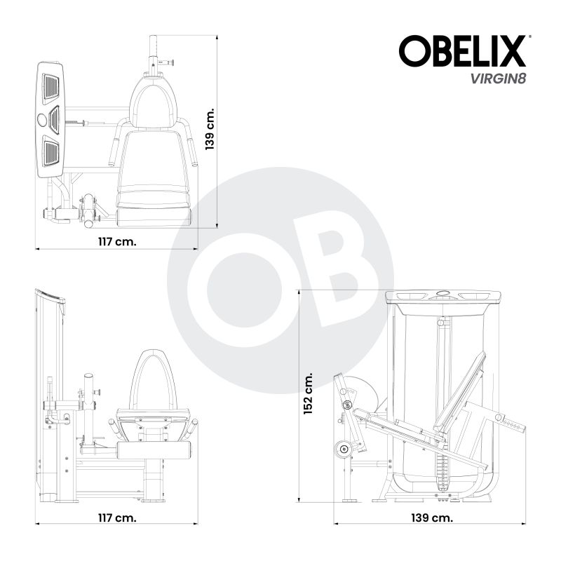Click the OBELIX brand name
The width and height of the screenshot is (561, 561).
click(462, 52)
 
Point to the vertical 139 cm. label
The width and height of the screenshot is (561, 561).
click(208, 130)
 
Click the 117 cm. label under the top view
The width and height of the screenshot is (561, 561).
click(116, 240)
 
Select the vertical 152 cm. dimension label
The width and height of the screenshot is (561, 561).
click(308, 394)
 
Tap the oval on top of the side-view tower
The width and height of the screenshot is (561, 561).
click(442, 295)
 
